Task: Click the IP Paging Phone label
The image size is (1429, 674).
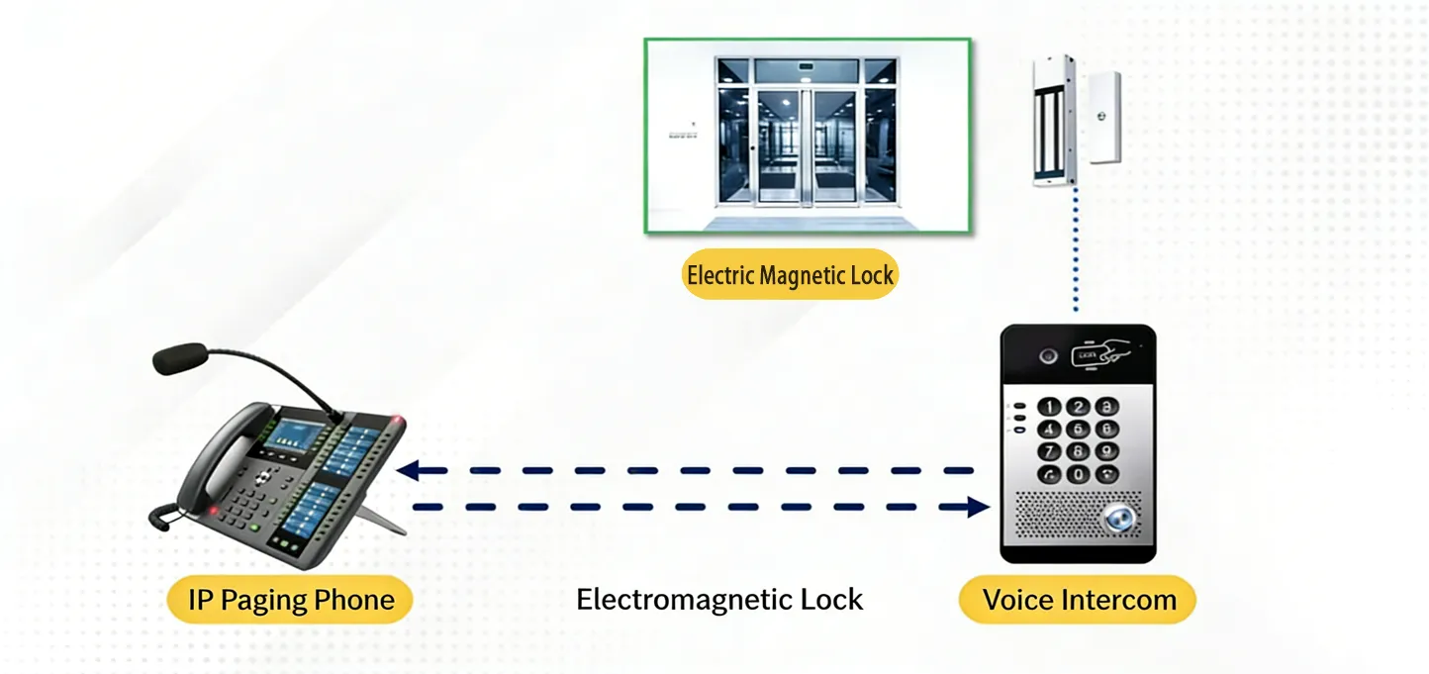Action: coord(290,600)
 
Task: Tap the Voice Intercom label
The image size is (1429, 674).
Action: coord(1079,600)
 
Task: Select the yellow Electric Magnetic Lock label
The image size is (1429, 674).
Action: coord(790,275)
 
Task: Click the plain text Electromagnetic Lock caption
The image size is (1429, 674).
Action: coord(719,600)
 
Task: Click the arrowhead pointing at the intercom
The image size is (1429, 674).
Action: coord(978,508)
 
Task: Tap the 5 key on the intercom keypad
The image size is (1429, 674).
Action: coord(1078,429)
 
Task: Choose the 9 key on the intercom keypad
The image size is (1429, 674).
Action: coord(1105,451)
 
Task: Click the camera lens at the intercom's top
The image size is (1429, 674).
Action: coord(1046,353)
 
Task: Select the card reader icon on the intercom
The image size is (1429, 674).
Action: coord(1099,353)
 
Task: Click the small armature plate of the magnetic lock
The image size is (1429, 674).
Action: coord(1105,117)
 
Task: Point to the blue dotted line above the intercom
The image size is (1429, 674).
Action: coord(1076,252)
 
